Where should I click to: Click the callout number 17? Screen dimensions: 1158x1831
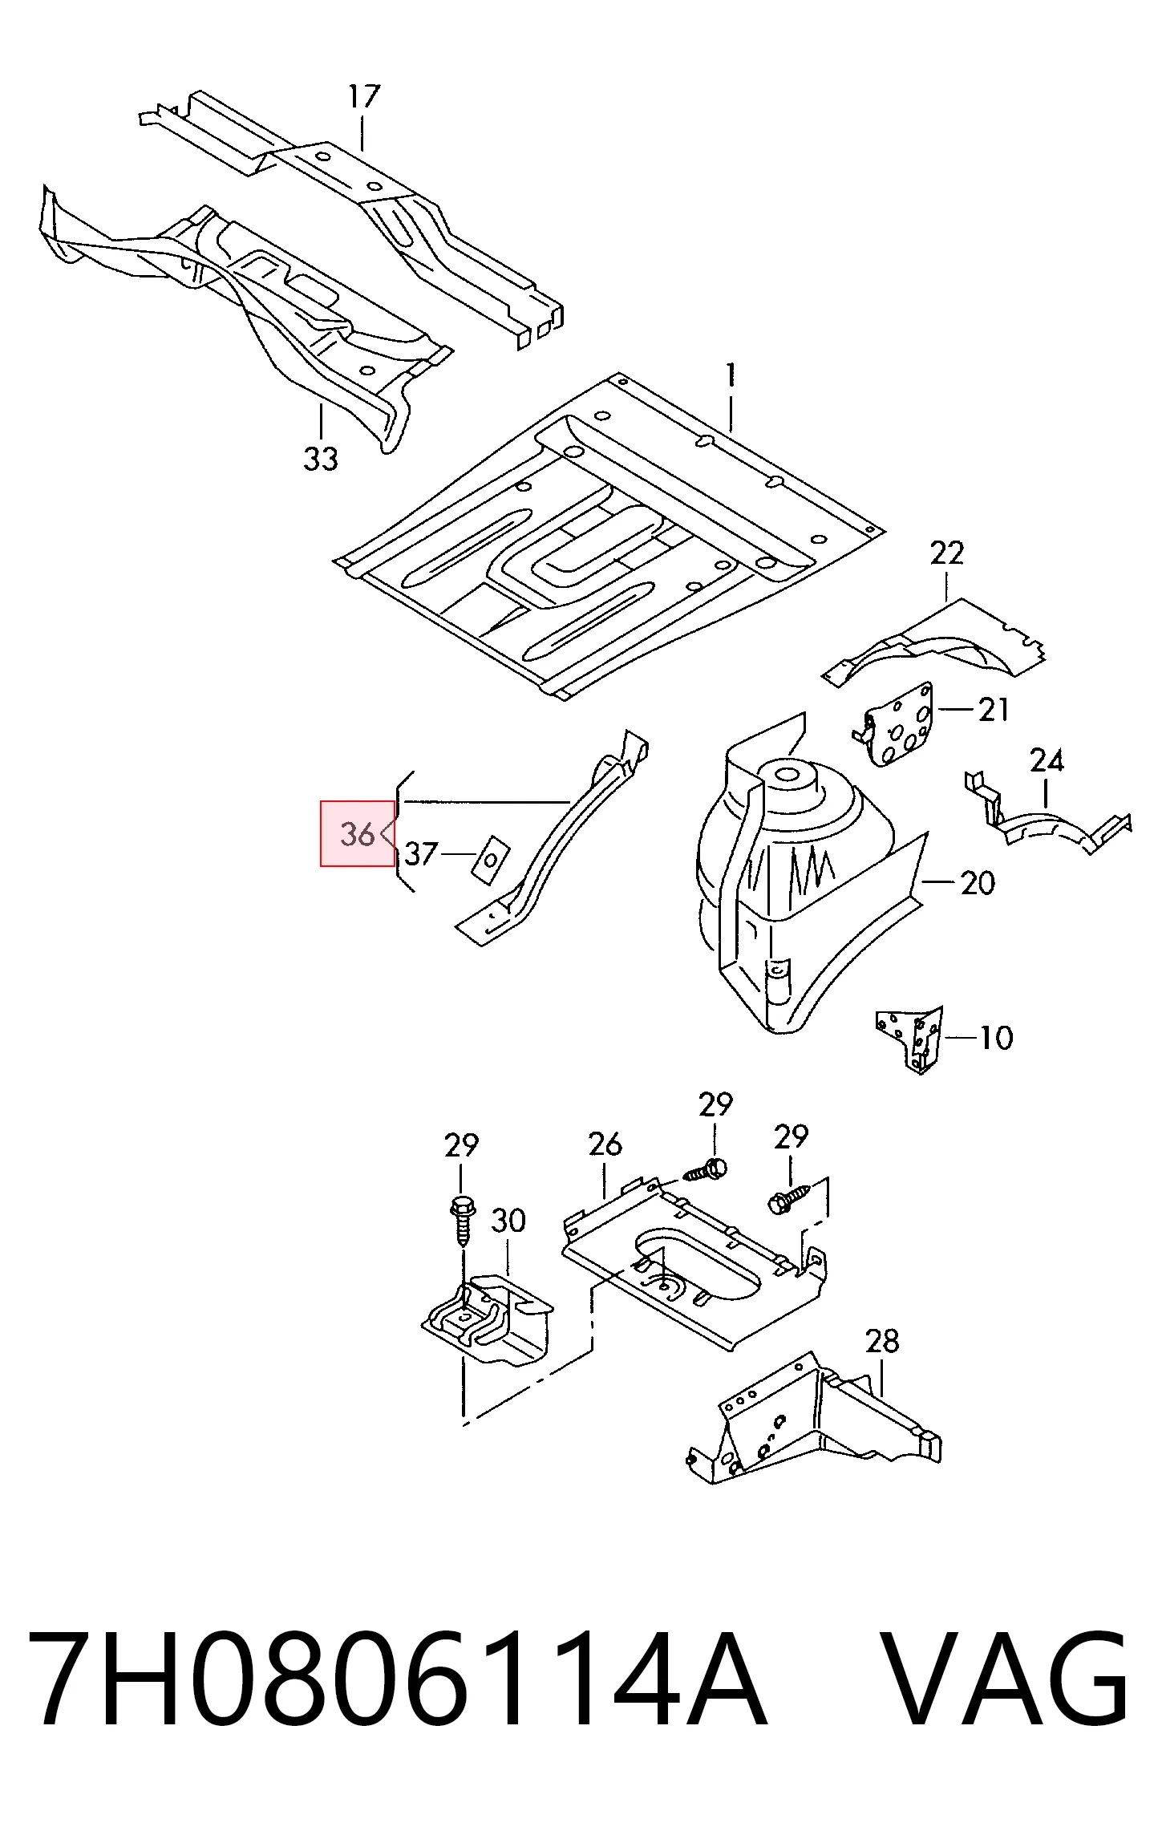point(363,97)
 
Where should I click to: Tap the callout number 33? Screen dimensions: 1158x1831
point(321,460)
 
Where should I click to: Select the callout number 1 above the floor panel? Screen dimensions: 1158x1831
point(731,377)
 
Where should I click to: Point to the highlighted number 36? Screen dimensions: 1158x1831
point(357,834)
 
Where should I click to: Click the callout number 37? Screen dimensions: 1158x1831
point(423,854)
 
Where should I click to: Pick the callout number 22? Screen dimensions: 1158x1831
point(946,553)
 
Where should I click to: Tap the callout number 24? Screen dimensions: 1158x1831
point(1047,760)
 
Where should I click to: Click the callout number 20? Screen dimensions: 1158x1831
point(978,883)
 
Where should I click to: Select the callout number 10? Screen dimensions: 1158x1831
point(997,1038)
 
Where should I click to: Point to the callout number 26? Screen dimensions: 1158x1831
point(605,1144)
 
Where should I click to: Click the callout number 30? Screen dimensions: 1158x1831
point(508,1221)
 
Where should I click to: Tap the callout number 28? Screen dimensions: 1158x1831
point(882,1341)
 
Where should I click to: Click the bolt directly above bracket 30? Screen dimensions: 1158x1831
point(463,1220)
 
